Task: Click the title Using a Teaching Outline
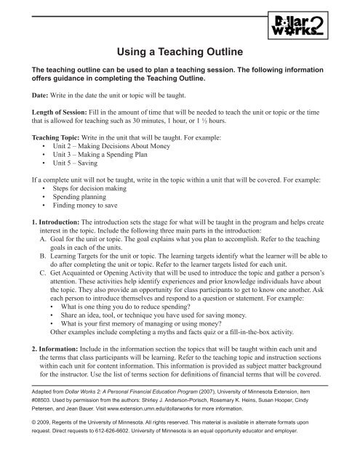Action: [x=180, y=52]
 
